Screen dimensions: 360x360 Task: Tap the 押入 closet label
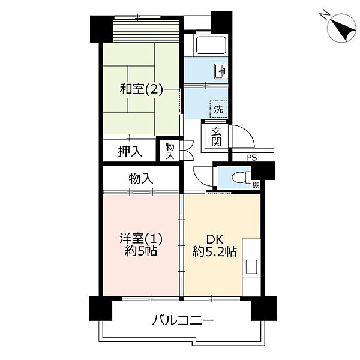[x=130, y=152]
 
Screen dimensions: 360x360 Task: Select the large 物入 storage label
[x=141, y=178]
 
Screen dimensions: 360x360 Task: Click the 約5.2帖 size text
[x=214, y=251]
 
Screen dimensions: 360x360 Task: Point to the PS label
[x=251, y=158]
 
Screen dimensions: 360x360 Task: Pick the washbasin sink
[x=220, y=71]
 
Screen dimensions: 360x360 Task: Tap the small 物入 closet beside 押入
[x=170, y=151]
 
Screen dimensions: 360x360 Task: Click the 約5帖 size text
[x=141, y=251]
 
